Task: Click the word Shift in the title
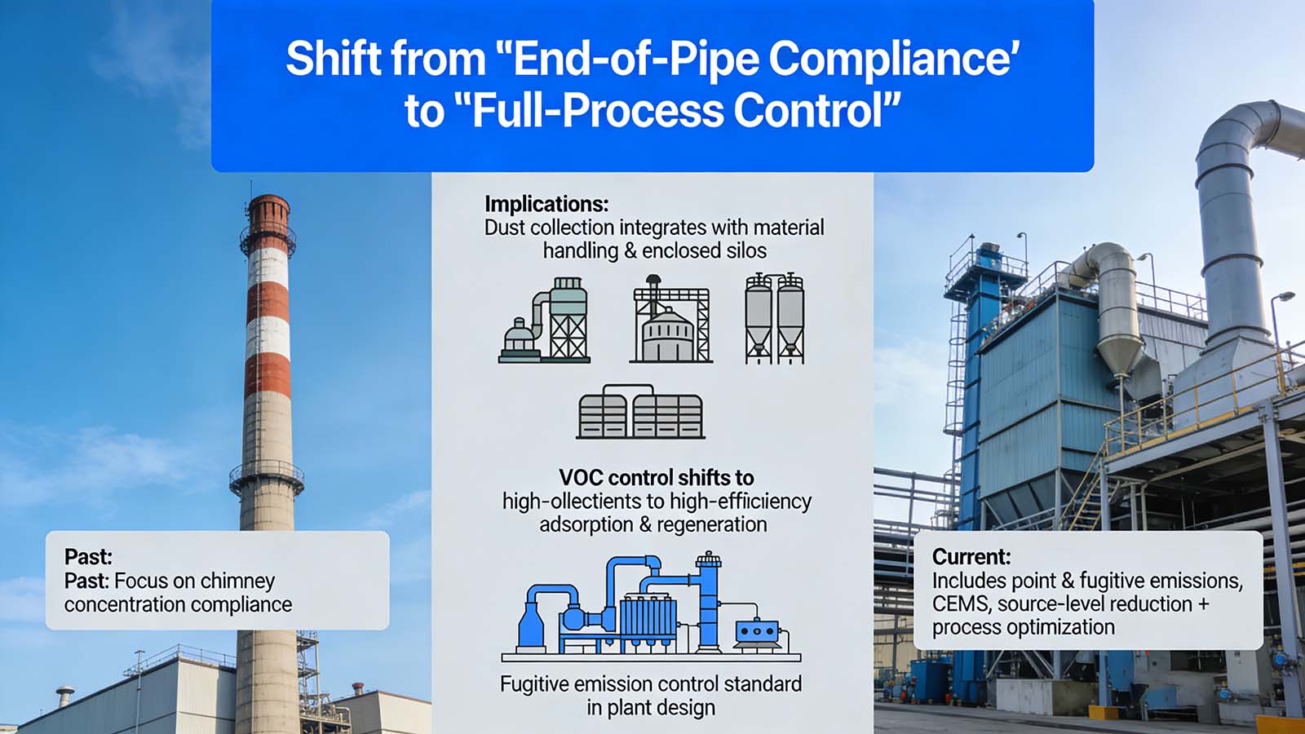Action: tap(332, 59)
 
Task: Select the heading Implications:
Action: tap(546, 203)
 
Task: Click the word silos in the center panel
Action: tap(745, 250)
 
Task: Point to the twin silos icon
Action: tap(774, 318)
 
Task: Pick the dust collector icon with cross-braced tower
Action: tap(545, 320)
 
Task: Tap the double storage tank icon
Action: tap(640, 412)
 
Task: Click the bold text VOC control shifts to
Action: tap(656, 477)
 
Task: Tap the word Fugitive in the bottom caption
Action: tap(536, 683)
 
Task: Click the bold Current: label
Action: tap(971, 556)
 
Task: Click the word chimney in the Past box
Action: tap(237, 581)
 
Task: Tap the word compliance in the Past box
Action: tap(241, 604)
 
